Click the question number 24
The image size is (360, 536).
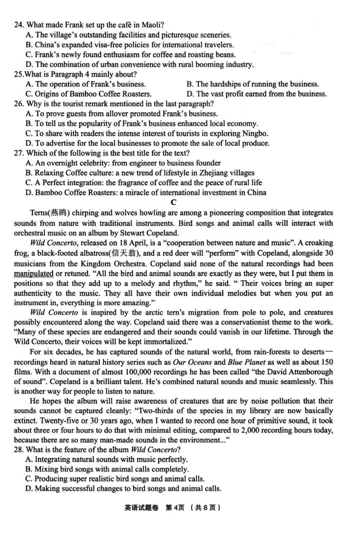[x=19, y=25]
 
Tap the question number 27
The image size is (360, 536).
[x=19, y=153]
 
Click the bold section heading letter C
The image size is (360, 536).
[x=174, y=203]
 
